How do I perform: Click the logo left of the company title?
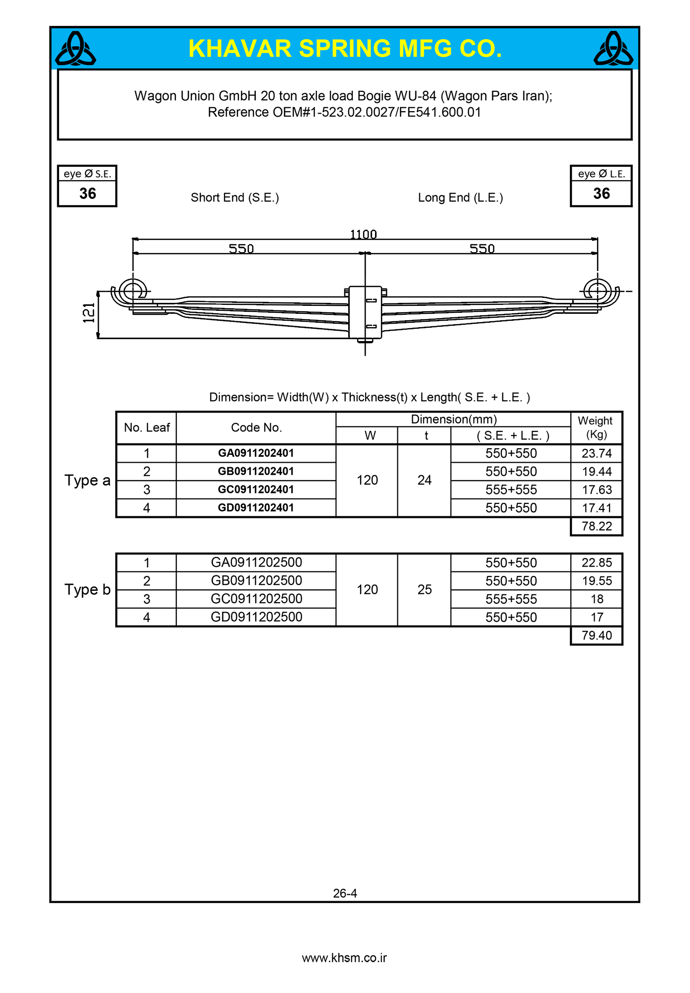[x=76, y=49]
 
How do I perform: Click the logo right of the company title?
[x=613, y=49]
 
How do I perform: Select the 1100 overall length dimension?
[x=363, y=234]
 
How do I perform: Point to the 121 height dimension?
[x=89, y=313]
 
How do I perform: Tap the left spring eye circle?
[x=133, y=290]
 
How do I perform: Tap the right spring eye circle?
[x=597, y=290]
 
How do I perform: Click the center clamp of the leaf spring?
[x=365, y=312]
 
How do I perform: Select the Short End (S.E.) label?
[x=235, y=198]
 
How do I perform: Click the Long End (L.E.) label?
[x=460, y=198]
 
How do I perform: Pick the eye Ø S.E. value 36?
[x=87, y=193]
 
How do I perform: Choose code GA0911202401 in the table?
[x=256, y=453]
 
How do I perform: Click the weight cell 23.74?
[x=597, y=453]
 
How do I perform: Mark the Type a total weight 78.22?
[x=597, y=526]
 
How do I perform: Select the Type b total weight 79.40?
[x=597, y=636]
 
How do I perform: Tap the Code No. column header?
[x=256, y=427]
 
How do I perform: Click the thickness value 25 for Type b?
[x=424, y=589]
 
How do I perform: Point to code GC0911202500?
[x=256, y=599]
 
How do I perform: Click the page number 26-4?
[x=345, y=893]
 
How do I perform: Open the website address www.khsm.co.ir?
[x=344, y=958]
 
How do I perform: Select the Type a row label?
[x=87, y=481]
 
